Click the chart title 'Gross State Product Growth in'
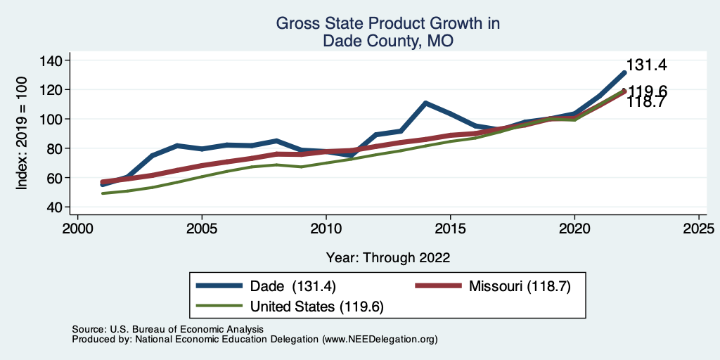pos(387,23)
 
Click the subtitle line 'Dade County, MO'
pos(387,41)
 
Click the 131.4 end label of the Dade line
pos(646,65)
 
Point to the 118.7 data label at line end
pos(646,103)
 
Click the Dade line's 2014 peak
pos(425,103)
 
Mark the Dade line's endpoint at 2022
pos(624,72)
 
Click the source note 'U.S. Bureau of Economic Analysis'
pos(184,329)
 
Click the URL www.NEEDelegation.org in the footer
pos(380,339)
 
